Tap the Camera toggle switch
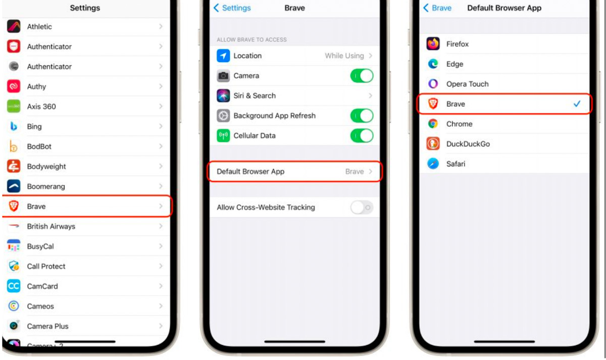(x=362, y=76)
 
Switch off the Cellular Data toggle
(x=362, y=135)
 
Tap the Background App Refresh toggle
(x=362, y=116)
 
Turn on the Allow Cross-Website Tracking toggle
(x=362, y=208)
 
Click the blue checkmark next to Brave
(x=577, y=104)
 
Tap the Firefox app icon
(x=433, y=44)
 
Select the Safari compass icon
(x=433, y=164)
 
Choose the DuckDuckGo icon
(x=433, y=143)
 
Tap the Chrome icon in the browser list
(x=433, y=124)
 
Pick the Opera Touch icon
(x=433, y=84)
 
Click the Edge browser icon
(x=433, y=64)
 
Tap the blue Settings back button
(x=232, y=8)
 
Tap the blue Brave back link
(x=437, y=8)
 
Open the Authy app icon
(x=14, y=86)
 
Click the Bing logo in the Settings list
(x=14, y=126)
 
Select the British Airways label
(x=51, y=226)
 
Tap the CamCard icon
(x=14, y=286)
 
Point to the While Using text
(x=344, y=56)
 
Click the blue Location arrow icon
(x=223, y=56)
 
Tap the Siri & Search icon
(x=223, y=96)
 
